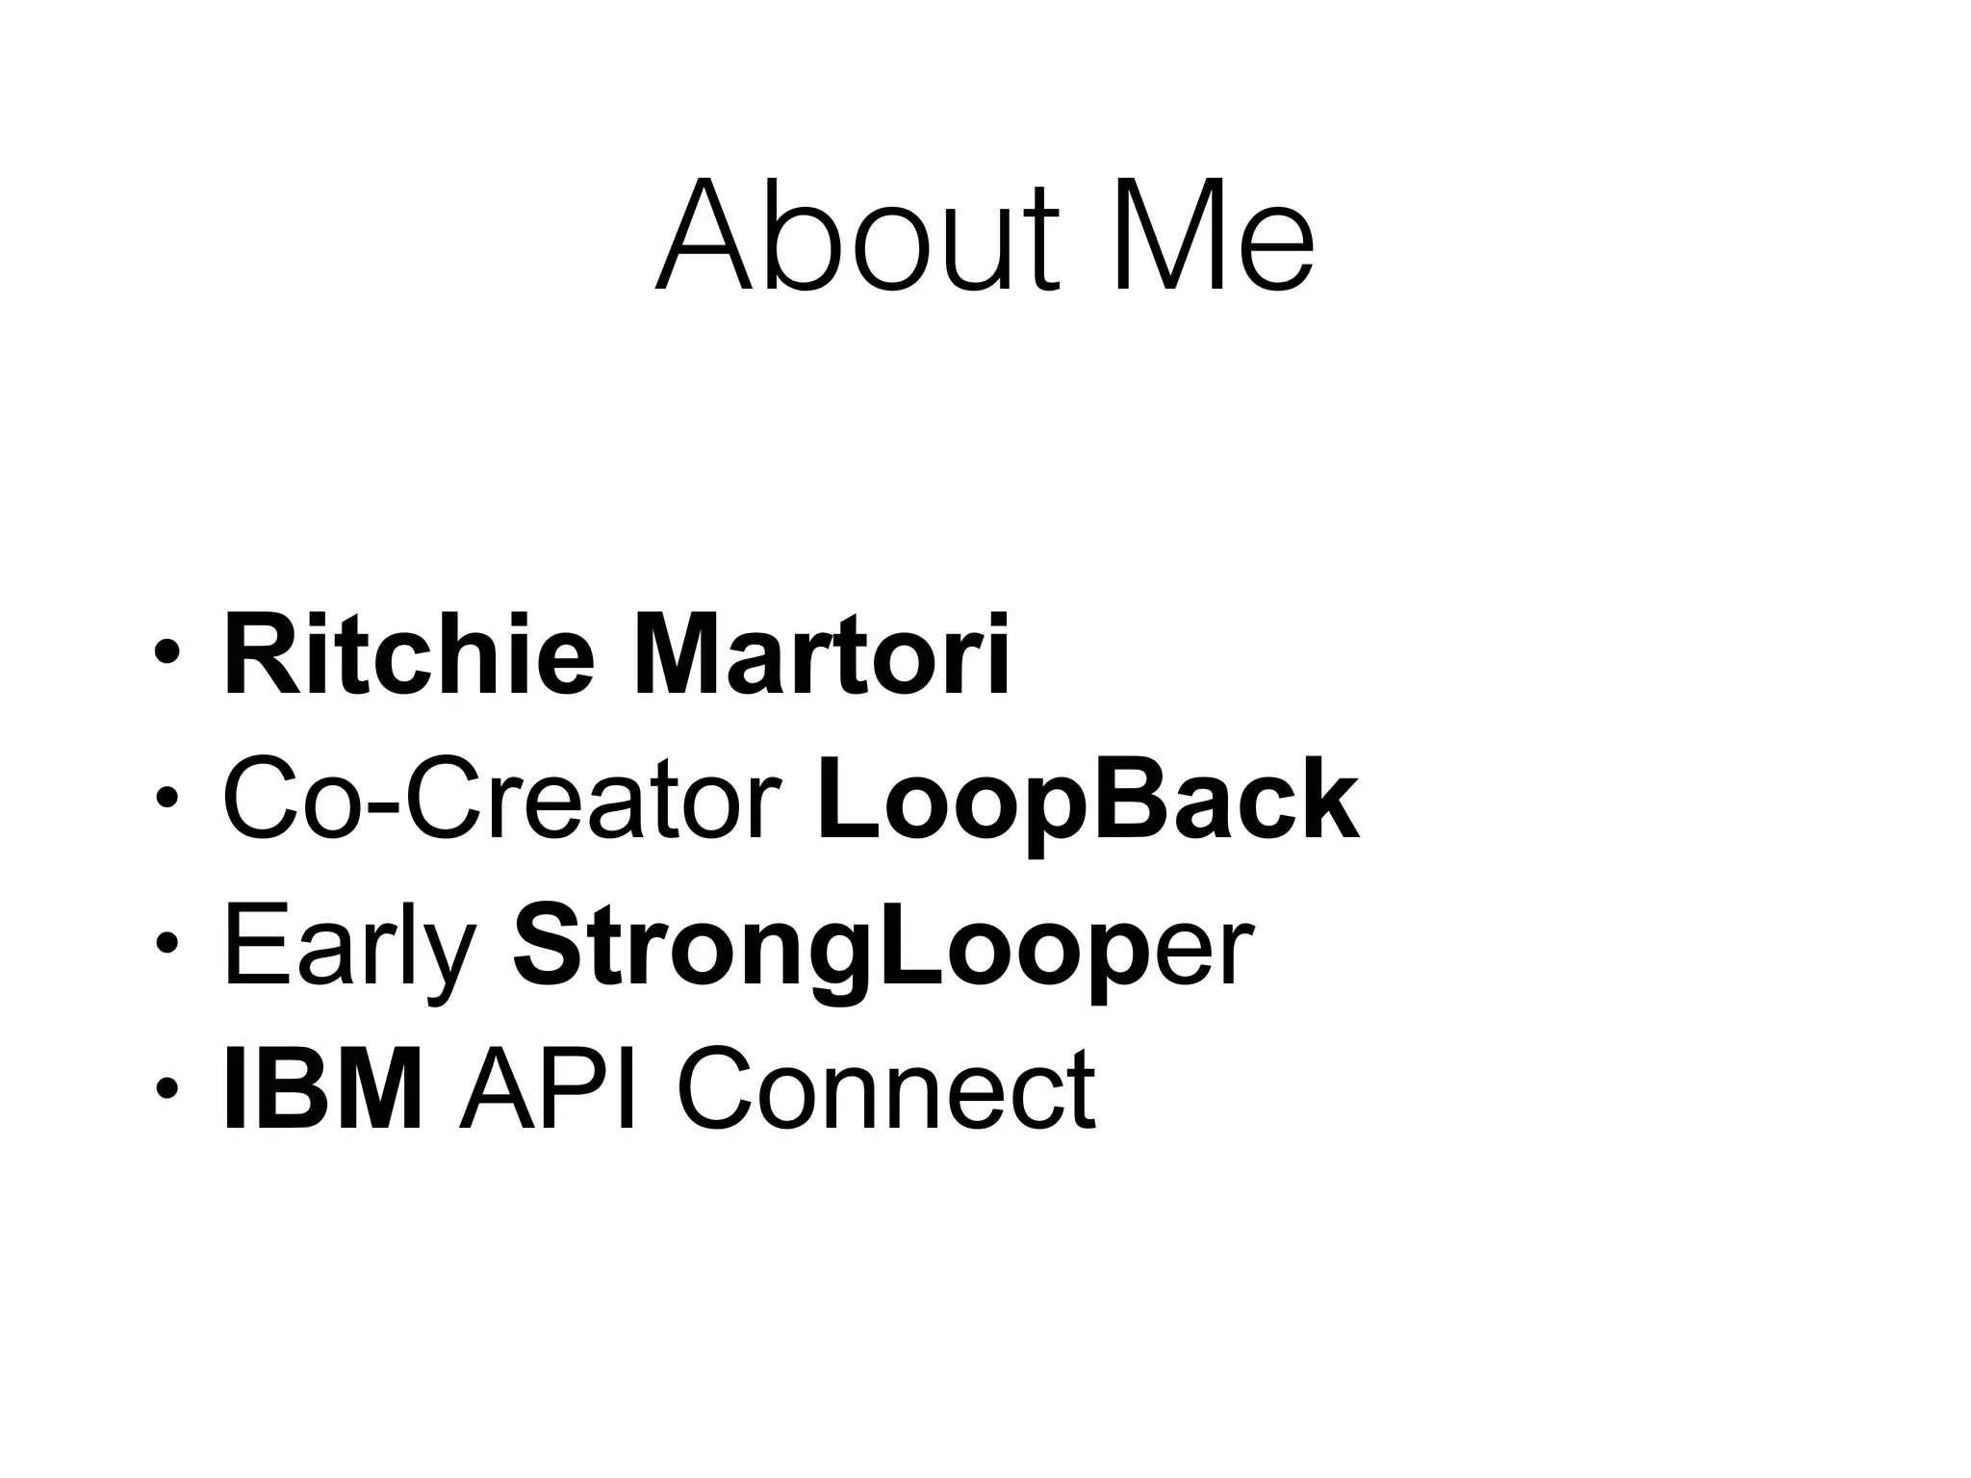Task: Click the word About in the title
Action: (857, 236)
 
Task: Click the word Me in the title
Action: (1214, 236)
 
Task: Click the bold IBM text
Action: (323, 1089)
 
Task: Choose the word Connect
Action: (885, 1089)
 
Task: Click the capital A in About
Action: (704, 236)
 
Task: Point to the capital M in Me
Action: (1160, 236)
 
